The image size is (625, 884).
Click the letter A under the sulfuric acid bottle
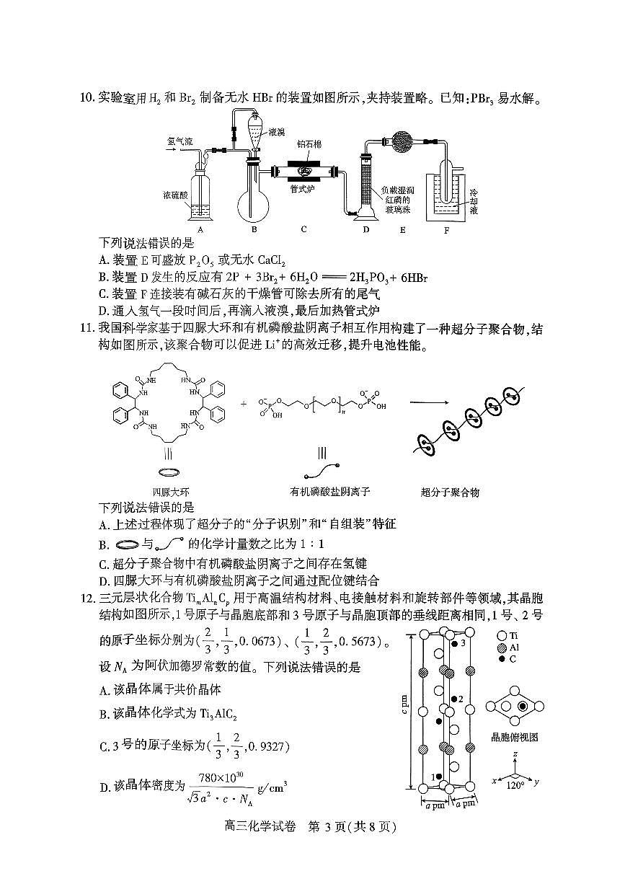coord(200,230)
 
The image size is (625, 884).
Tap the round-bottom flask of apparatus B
coord(254,199)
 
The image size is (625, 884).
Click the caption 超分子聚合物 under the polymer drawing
coord(450,492)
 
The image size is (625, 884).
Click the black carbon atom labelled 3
coord(455,642)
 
